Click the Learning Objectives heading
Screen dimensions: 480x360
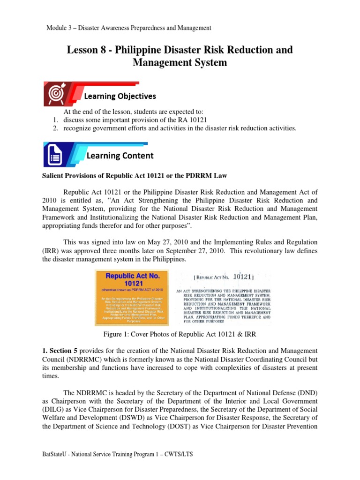pos(120,96)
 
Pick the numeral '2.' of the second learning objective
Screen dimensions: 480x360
pos(55,128)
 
